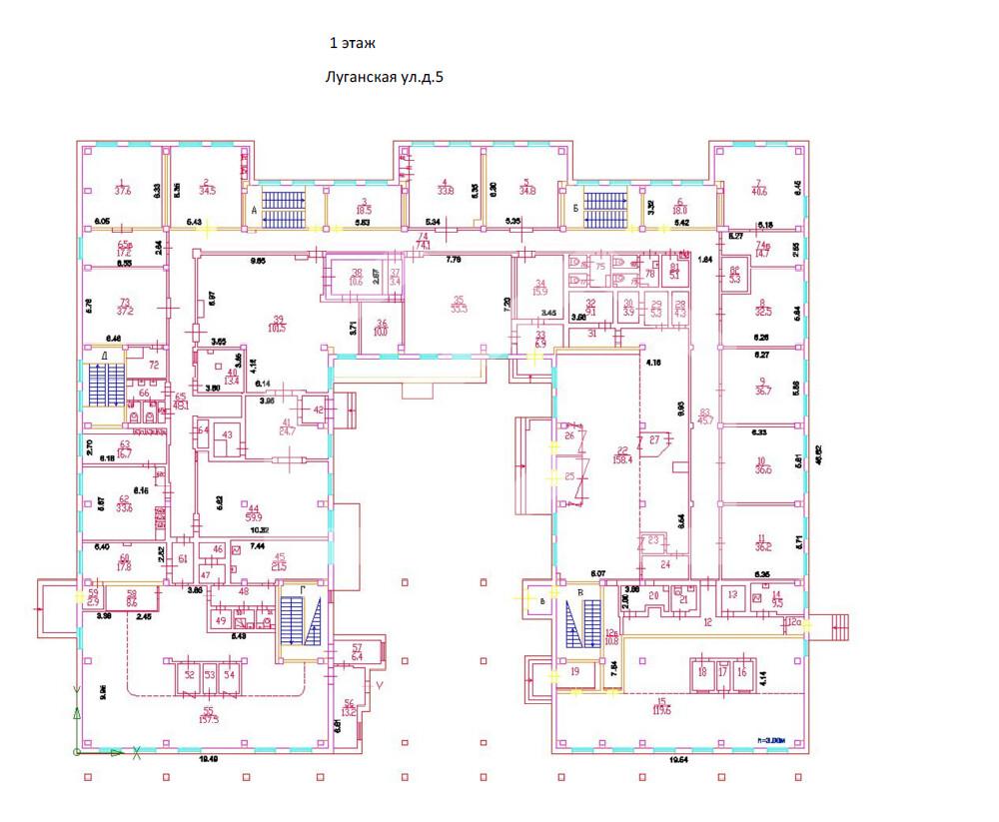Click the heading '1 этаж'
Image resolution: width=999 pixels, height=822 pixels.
pos(353,44)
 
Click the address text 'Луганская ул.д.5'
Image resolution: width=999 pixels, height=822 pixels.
pos(385,76)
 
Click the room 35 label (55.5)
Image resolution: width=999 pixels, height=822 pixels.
pos(459,305)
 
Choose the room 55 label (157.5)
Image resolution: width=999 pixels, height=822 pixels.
pos(209,715)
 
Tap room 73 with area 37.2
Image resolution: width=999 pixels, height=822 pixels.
pos(125,308)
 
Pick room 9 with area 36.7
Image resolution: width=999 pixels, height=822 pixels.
pos(764,388)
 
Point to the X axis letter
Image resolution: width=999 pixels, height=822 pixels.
pos(137,751)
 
